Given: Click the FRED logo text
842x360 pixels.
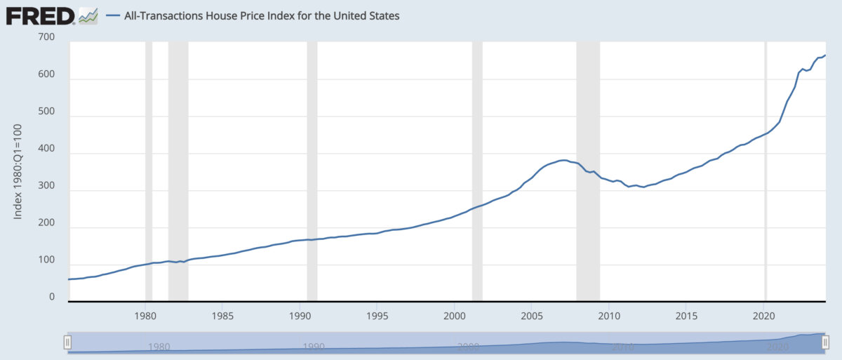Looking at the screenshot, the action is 40,17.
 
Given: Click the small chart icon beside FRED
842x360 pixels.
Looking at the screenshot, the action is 88,17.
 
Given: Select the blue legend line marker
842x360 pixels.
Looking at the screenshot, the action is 113,15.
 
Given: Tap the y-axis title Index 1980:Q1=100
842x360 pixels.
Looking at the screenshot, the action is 18,171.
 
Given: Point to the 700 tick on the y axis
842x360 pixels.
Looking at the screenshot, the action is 46,36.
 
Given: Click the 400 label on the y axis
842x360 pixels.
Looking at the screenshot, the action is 46,148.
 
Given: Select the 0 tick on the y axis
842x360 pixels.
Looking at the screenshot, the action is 52,297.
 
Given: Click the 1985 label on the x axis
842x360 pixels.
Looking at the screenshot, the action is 222,316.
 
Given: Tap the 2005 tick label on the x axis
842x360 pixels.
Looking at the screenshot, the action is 532,316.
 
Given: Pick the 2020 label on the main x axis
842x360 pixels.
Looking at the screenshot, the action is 764,316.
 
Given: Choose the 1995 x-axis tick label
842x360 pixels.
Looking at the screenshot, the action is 377,316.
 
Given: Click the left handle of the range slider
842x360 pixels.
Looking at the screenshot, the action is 67,342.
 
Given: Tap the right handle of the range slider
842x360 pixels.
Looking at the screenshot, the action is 825,342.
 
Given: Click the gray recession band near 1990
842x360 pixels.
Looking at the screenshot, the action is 312,171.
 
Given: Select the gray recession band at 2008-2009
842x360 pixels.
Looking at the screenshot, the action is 588,171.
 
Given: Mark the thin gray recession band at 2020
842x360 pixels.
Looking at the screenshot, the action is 766,171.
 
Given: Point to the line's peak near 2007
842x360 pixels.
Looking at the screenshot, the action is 563,160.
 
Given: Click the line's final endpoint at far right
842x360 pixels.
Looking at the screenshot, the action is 825,55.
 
